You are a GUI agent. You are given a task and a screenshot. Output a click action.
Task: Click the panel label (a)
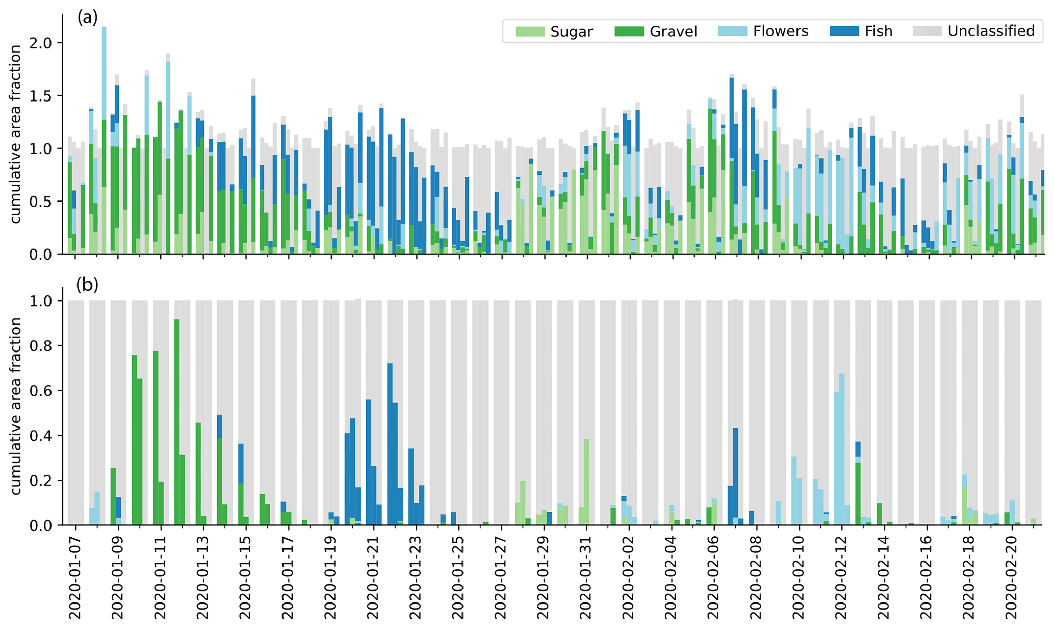[x=87, y=18]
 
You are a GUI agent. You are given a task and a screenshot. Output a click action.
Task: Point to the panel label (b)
[x=87, y=284]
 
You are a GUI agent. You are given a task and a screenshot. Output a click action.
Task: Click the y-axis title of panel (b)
[x=16, y=406]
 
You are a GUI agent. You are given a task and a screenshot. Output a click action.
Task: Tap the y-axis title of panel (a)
[x=16, y=134]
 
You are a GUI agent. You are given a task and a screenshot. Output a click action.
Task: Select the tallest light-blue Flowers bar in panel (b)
[x=842, y=449]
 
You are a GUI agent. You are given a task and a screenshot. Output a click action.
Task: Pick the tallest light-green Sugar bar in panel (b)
[x=587, y=482]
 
